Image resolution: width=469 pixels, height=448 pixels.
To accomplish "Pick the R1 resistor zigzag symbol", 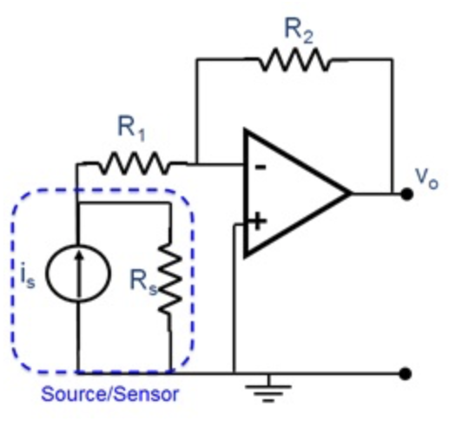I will click(133, 162).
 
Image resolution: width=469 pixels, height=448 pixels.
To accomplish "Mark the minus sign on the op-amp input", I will click(258, 167).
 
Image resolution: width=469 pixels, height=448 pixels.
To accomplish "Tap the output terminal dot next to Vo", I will click(405, 193).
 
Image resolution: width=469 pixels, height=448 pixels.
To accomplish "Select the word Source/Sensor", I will click(110, 394).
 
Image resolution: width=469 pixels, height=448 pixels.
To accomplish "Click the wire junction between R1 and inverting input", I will click(197, 162).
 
